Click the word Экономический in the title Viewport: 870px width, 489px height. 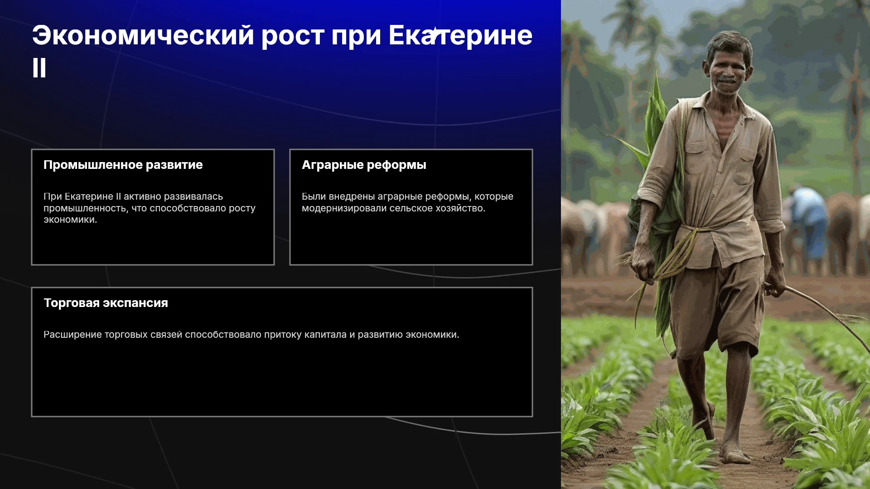click(143, 35)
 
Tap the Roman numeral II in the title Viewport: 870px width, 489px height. click(39, 68)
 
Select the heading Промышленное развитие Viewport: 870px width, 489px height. click(123, 165)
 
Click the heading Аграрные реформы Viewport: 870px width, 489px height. click(364, 165)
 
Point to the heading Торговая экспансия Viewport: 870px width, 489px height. click(106, 303)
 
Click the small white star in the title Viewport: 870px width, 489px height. click(435, 34)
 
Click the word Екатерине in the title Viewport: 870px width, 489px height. click(460, 35)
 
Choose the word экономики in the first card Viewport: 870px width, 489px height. click(70, 220)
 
